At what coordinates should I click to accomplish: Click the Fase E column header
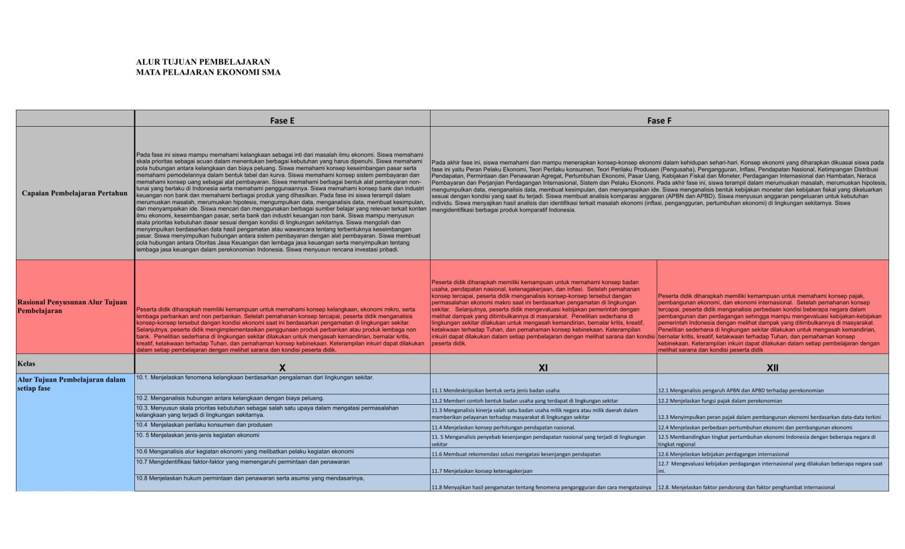click(282, 121)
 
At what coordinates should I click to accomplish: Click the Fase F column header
click(659, 121)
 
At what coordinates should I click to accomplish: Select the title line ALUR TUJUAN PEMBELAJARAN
click(203, 62)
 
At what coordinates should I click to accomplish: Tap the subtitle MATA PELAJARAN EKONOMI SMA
click(208, 72)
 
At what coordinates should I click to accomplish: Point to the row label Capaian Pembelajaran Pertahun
click(75, 193)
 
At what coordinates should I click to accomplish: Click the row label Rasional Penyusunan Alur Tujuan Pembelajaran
click(72, 306)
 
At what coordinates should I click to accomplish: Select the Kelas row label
click(26, 364)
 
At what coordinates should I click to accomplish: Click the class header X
click(282, 367)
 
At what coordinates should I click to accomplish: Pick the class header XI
click(543, 367)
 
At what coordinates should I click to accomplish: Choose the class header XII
click(772, 367)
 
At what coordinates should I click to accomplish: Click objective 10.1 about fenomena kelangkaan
click(254, 377)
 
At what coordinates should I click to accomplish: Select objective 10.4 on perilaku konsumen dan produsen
click(204, 425)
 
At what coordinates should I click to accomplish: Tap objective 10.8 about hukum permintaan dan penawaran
click(250, 478)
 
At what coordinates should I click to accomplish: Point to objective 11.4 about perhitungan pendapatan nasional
click(503, 427)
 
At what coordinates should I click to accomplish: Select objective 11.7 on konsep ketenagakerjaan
click(482, 471)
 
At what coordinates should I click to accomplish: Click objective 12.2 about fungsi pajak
click(720, 401)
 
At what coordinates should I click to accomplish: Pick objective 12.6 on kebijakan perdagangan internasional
click(723, 454)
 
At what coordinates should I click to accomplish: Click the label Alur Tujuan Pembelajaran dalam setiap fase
click(71, 383)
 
